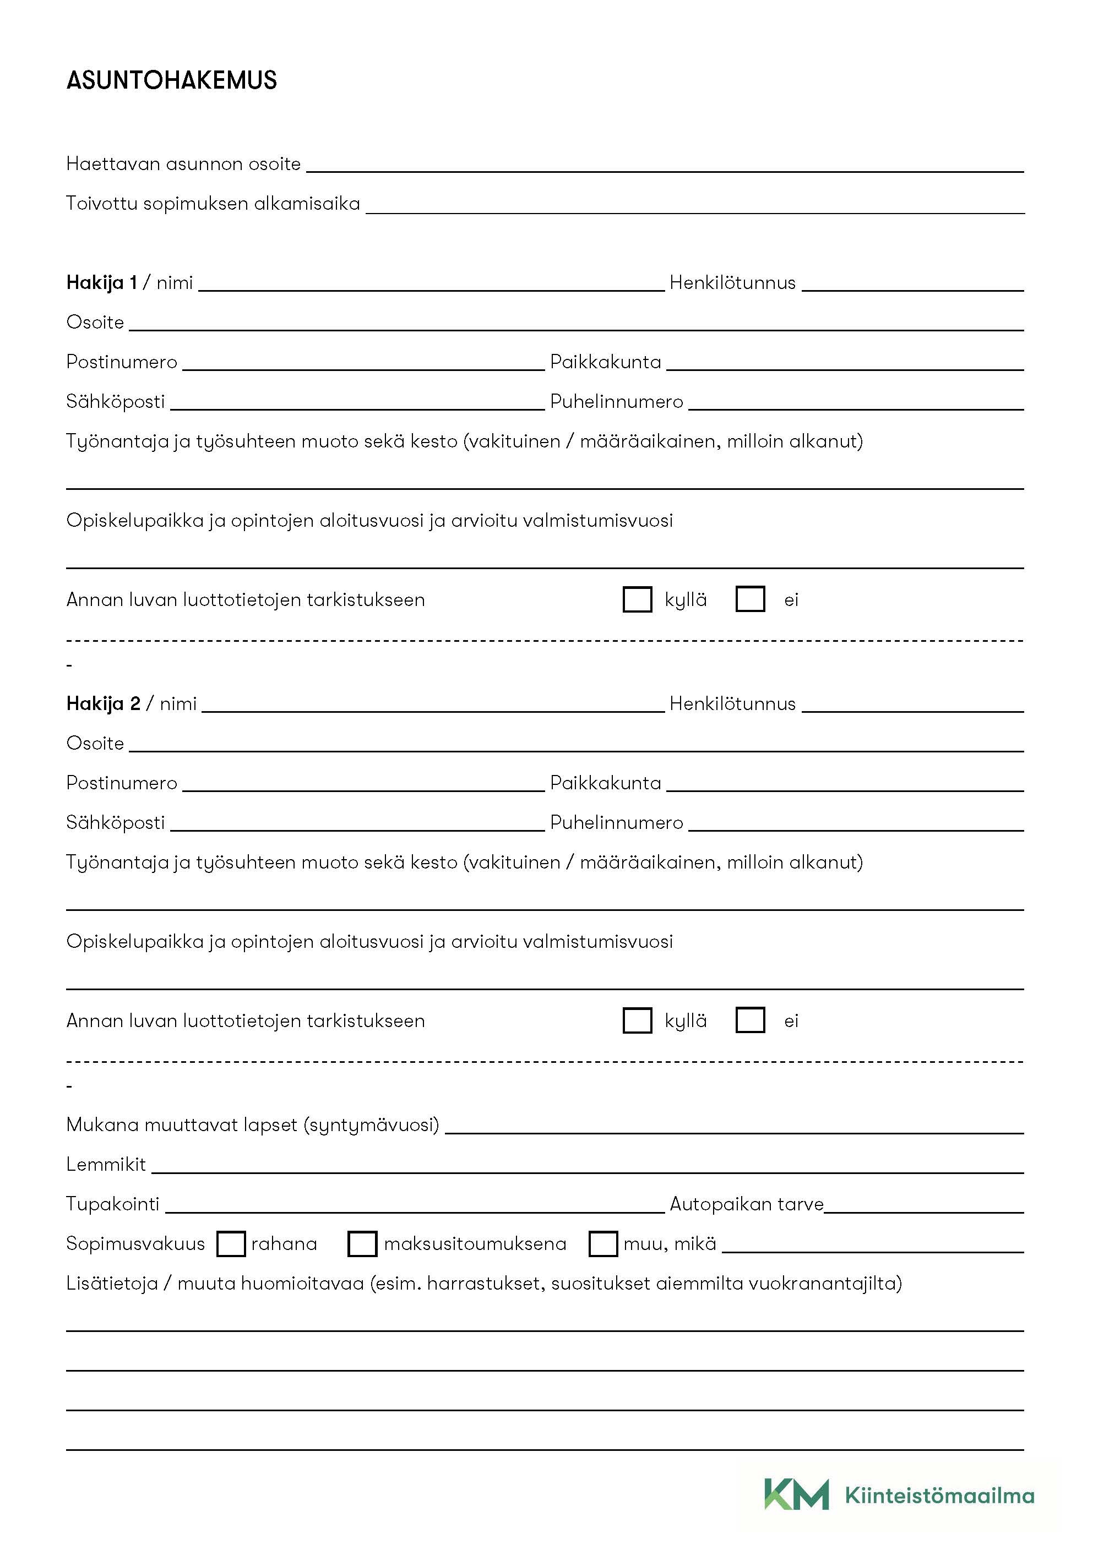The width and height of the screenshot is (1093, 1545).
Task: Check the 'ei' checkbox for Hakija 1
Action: pos(750,599)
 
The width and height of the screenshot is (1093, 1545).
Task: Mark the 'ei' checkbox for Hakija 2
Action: pos(750,1020)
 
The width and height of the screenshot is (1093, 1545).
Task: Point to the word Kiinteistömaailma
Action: pos(939,1496)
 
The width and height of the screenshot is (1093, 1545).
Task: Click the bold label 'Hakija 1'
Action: pos(102,282)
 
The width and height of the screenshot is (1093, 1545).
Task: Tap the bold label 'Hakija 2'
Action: pos(103,704)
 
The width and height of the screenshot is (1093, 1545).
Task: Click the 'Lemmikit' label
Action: pos(106,1165)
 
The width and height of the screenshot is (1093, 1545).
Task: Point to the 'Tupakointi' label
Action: pos(112,1204)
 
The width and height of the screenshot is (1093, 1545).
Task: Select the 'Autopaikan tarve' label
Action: pos(747,1204)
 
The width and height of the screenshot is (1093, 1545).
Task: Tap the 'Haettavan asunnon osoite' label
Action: pos(183,164)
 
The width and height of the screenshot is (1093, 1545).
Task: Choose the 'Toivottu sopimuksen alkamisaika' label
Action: pos(213,204)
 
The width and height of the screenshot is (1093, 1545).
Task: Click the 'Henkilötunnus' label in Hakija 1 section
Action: pos(732,282)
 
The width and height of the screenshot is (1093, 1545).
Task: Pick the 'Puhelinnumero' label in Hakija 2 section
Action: pos(617,823)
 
